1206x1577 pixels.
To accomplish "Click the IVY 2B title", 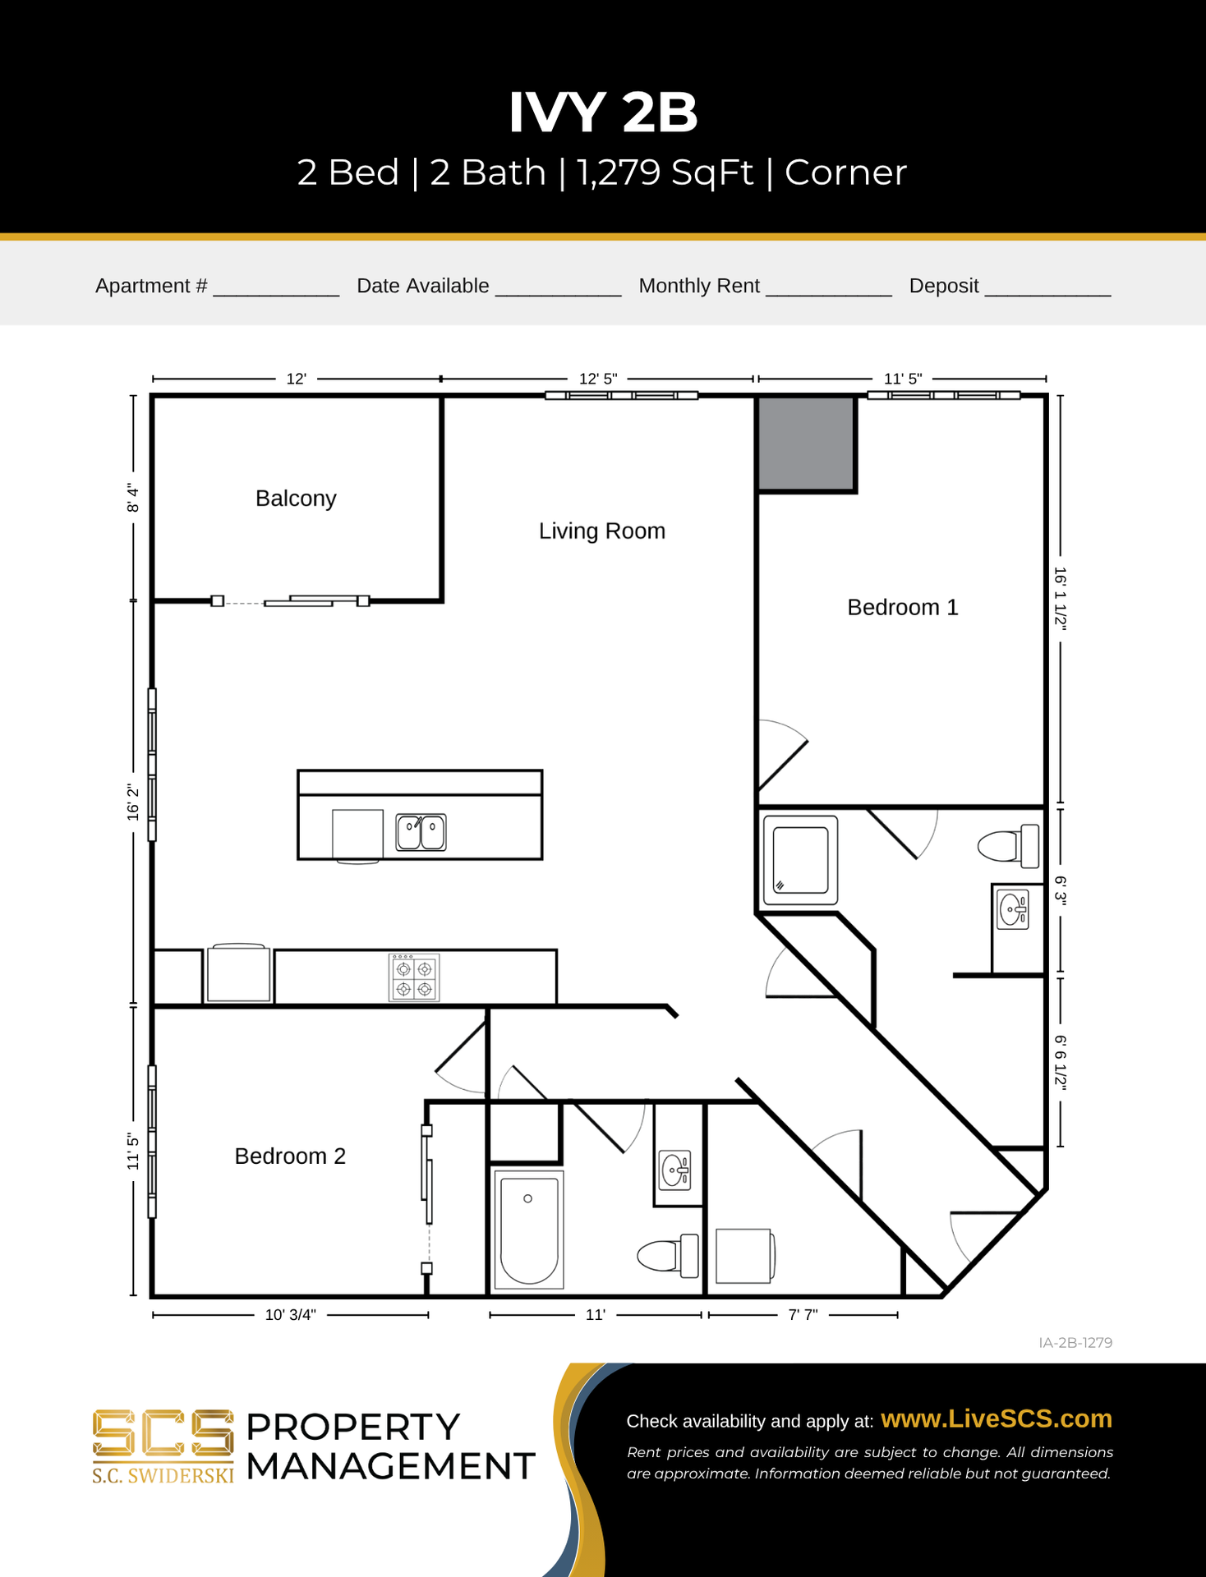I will (603, 112).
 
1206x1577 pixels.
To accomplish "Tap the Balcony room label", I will (296, 499).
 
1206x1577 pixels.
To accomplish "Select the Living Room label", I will (601, 531).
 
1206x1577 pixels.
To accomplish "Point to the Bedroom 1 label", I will (902, 608).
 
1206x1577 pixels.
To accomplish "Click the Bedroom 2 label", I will (290, 1156).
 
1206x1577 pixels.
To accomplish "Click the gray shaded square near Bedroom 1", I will (805, 444).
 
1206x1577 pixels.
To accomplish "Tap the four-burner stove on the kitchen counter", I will (414, 978).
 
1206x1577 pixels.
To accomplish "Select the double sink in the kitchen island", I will (421, 832).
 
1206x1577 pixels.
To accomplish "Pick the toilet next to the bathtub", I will (667, 1256).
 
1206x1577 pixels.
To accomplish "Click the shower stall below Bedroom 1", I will (800, 860).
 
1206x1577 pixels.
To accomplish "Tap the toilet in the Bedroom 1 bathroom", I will (1008, 846).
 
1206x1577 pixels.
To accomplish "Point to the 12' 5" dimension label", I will (597, 379).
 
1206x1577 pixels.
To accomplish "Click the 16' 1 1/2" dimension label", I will (1061, 599).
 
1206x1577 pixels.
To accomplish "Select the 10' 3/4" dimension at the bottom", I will (290, 1315).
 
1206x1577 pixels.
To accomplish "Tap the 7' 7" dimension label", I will (803, 1315).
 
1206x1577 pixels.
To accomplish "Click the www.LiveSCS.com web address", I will (996, 1419).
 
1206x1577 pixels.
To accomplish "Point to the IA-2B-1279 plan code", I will (1075, 1343).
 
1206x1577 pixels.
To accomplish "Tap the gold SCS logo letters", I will (163, 1434).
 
